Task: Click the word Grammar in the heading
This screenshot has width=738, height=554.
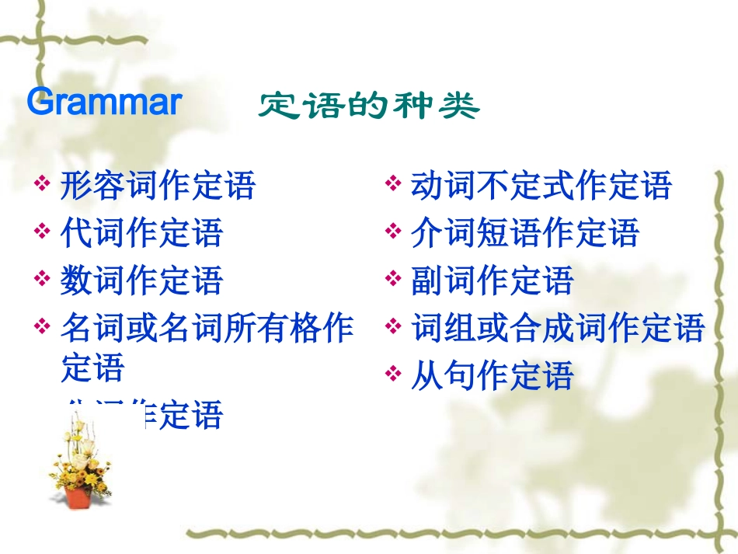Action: pos(104,103)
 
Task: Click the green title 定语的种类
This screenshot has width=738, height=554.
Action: pos(368,106)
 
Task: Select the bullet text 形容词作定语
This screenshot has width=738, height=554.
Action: pos(158,186)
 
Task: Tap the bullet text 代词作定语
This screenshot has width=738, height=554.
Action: pos(141,233)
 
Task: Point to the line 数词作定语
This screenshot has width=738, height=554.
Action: pos(141,280)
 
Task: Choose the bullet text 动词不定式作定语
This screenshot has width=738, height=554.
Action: pos(541,186)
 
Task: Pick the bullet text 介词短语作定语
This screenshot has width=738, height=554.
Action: pos(524,233)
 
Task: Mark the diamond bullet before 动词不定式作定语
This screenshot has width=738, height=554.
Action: pos(392,186)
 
